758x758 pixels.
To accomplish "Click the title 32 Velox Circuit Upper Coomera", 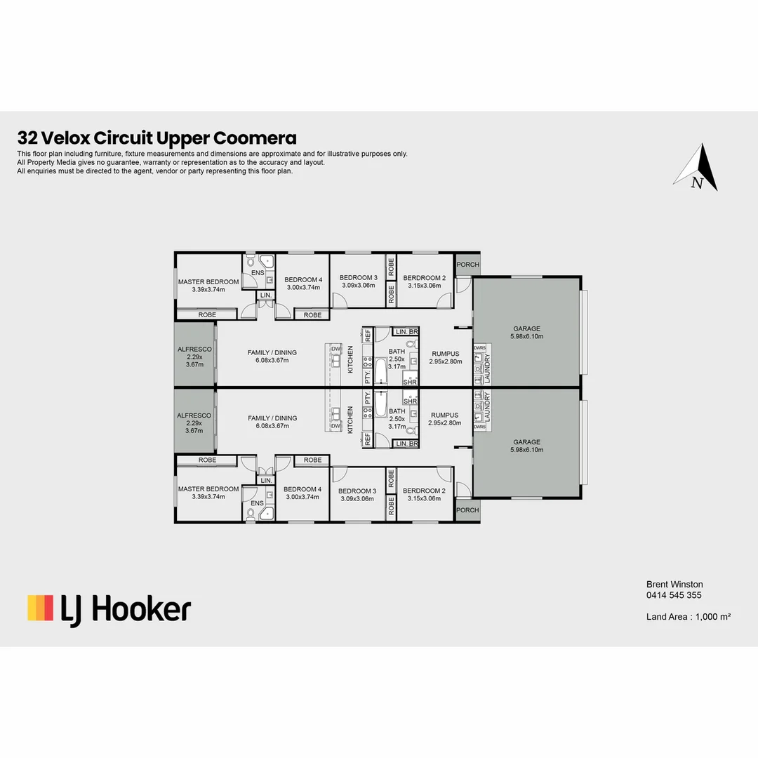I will [157, 138].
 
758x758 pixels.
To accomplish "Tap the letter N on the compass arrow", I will [697, 183].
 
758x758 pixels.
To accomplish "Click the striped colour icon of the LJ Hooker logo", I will [40, 608].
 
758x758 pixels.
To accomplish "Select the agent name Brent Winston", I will [674, 584].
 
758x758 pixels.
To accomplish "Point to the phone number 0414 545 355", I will [674, 595].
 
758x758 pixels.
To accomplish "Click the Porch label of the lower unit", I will [467, 510].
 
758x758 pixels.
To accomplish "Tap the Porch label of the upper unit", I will [467, 265].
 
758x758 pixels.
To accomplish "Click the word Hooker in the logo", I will [141, 609].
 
